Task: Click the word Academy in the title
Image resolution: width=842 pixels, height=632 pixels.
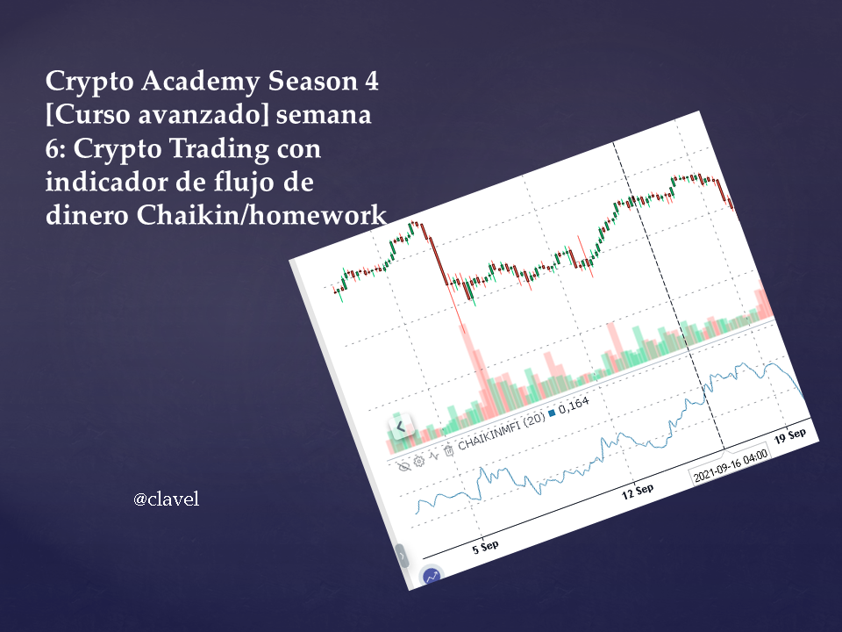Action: click(201, 83)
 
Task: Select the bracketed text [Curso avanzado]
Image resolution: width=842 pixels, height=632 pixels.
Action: click(157, 114)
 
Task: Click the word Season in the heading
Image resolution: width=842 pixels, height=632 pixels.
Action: click(312, 81)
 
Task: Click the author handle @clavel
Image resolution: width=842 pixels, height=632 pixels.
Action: click(166, 499)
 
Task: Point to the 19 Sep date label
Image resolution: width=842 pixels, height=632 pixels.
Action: click(790, 436)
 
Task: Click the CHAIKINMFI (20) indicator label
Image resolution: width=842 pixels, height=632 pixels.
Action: click(501, 431)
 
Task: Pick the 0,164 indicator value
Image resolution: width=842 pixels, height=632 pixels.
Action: click(574, 405)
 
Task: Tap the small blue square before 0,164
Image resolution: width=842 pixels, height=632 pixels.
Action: click(552, 413)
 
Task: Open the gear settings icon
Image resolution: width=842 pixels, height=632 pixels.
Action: click(419, 461)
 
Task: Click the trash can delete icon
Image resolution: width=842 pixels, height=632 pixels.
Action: click(449, 450)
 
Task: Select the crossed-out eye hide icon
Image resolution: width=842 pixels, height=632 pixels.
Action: click(404, 465)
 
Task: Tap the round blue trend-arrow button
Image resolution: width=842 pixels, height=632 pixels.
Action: click(432, 577)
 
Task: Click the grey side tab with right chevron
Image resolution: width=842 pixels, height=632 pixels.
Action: click(401, 556)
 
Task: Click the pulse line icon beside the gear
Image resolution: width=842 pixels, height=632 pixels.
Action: click(434, 456)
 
